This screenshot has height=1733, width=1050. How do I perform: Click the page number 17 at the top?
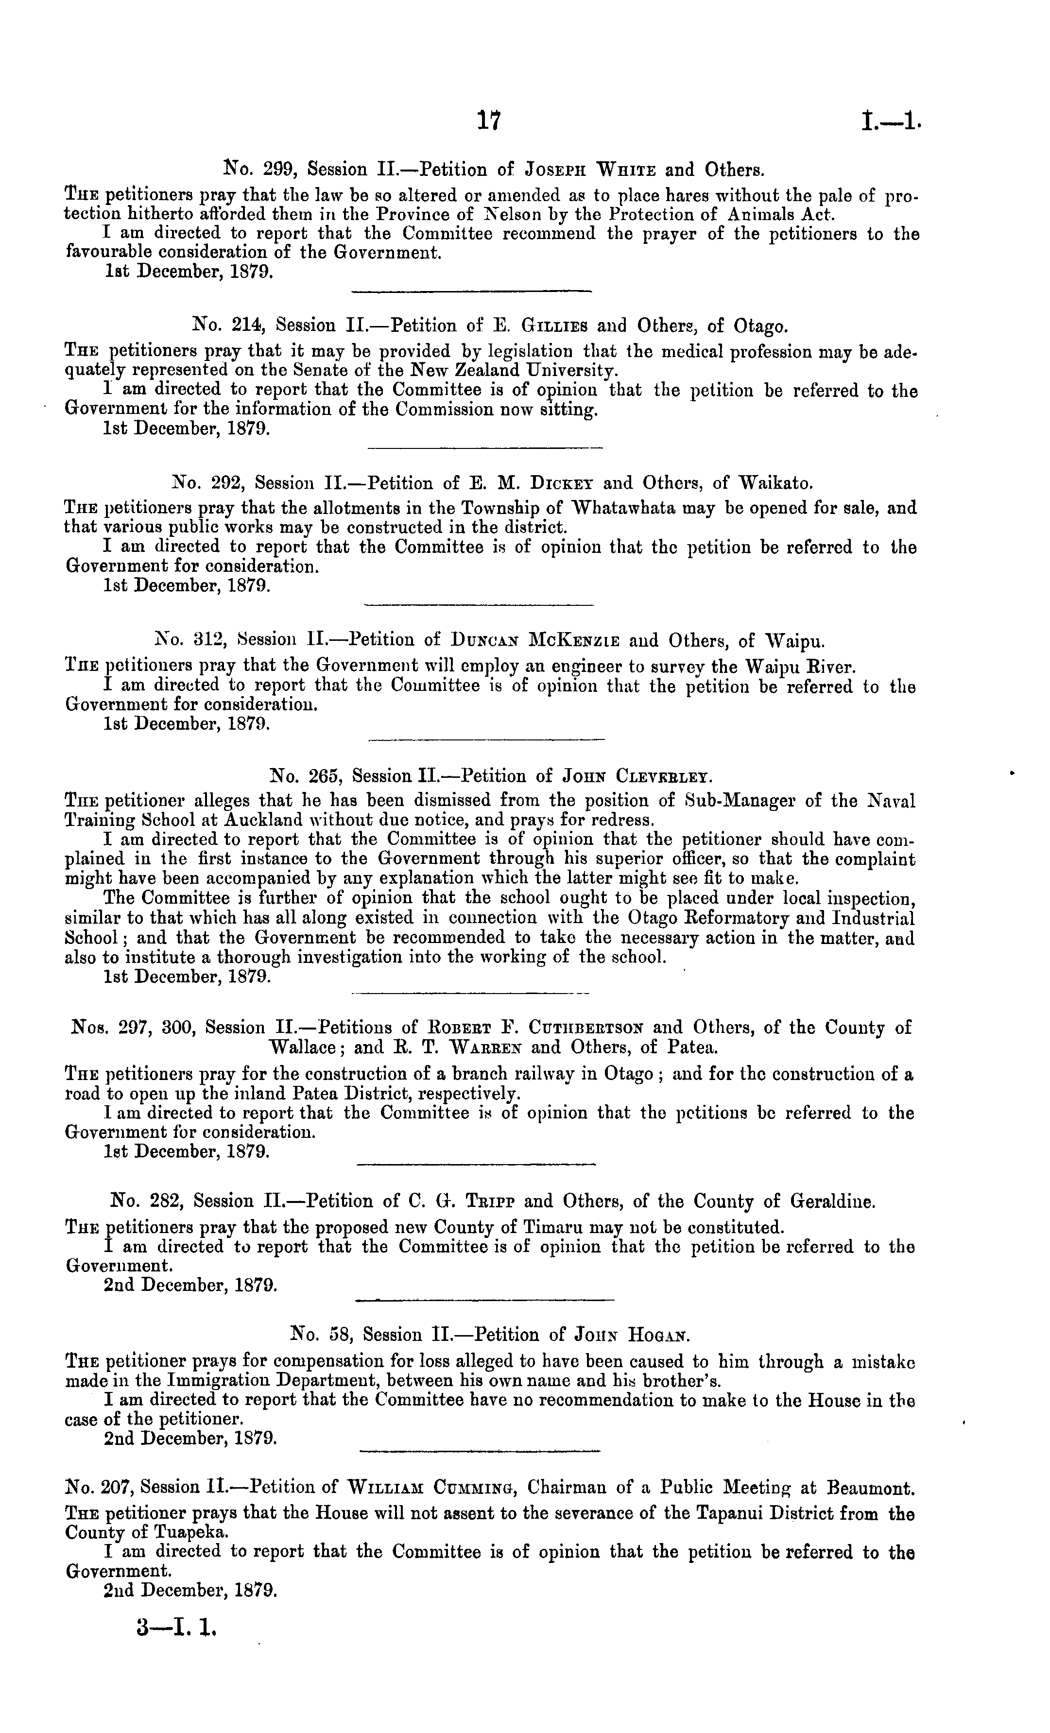coord(488,121)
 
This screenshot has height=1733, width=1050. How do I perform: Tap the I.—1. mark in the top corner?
coord(890,121)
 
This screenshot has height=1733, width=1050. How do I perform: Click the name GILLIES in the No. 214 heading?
coord(555,326)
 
